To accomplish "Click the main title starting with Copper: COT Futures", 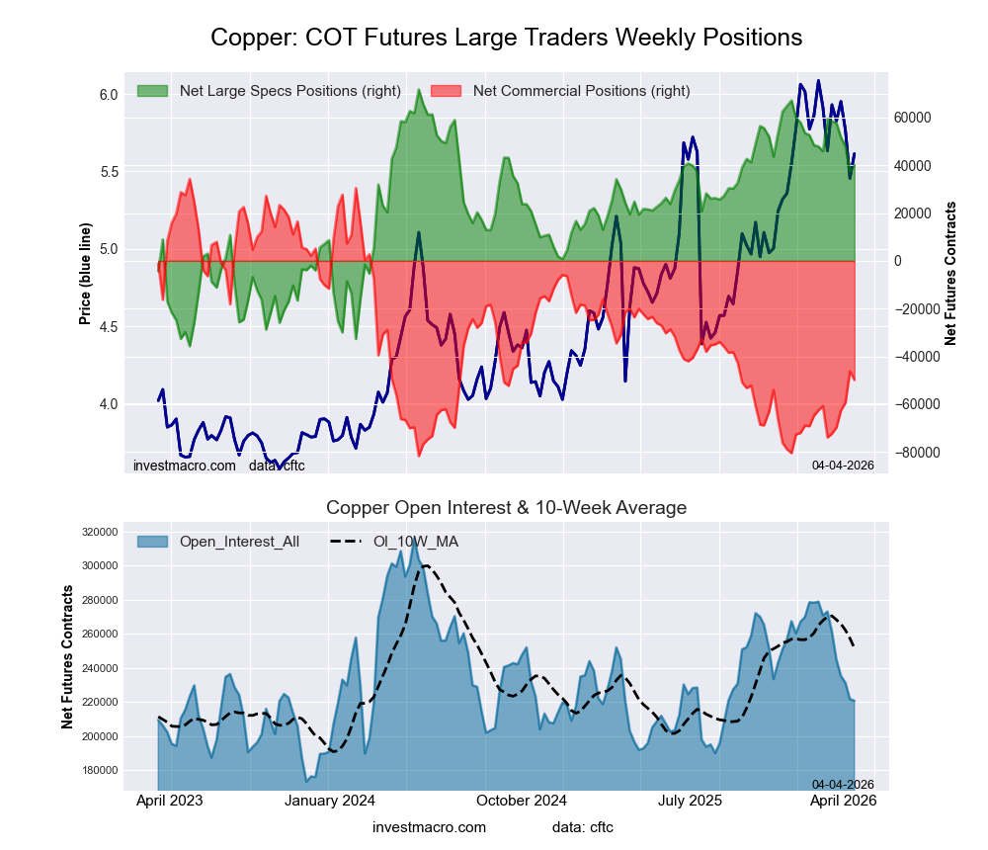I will [x=506, y=38].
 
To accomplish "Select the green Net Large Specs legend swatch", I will [x=153, y=91].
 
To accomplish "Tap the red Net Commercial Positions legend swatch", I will [x=447, y=91].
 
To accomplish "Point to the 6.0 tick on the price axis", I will [x=109, y=95].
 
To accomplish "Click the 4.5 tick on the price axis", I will [x=109, y=327].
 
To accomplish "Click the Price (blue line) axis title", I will [x=86, y=274].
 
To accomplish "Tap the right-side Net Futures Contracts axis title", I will [x=950, y=274].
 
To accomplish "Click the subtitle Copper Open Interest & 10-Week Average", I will [x=506, y=508].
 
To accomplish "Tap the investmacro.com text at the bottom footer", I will [x=429, y=827].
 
